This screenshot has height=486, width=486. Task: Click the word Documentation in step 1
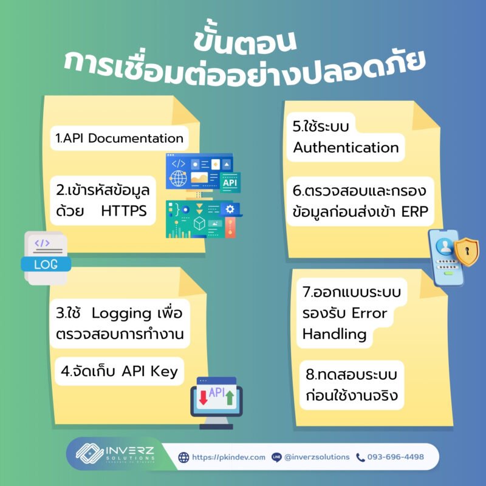[x=135, y=139]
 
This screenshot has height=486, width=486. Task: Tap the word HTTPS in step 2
[x=124, y=211]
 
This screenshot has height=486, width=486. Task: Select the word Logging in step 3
[x=121, y=314]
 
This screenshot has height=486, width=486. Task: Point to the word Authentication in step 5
[x=346, y=148]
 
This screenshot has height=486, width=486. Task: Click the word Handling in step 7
[x=335, y=335]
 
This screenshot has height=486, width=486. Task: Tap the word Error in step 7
[x=369, y=313]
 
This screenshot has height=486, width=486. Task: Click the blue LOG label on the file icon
[x=46, y=264]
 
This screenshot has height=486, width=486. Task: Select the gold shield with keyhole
[x=467, y=252]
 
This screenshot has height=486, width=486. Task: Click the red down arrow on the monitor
[x=204, y=398]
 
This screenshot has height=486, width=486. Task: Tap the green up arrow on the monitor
[x=230, y=398]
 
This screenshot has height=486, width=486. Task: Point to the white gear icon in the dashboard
[x=230, y=209]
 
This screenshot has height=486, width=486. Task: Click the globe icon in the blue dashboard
[x=178, y=179]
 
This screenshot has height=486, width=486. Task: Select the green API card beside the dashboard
[x=230, y=183]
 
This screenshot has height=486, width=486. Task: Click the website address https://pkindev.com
[x=229, y=457]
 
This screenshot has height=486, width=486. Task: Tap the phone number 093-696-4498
[x=395, y=457]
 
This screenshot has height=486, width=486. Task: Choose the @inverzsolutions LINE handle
[x=317, y=457]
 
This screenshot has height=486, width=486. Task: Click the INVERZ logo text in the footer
[x=130, y=450]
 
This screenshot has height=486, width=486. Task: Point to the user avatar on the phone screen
[x=445, y=246]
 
